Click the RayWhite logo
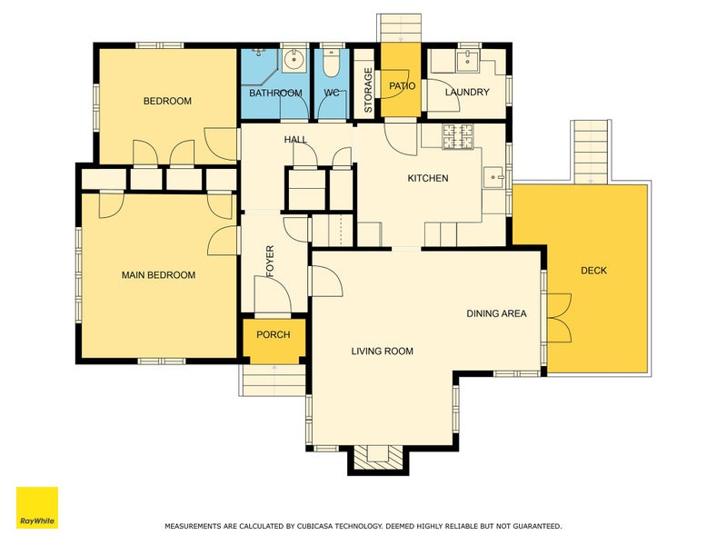tap(37, 508)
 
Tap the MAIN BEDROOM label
tap(158, 275)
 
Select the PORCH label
tap(274, 334)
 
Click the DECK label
tap(593, 270)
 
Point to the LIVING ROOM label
tap(382, 352)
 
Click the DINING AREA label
tap(496, 313)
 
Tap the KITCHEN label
tap(427, 178)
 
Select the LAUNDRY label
tap(467, 93)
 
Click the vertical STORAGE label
tap(368, 90)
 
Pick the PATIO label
tap(402, 85)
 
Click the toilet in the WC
tap(331, 64)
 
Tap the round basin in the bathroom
tap(294, 59)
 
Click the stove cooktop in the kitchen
tap(458, 137)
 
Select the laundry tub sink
tap(467, 61)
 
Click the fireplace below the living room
tap(378, 458)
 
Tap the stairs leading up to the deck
tap(591, 152)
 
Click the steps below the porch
tap(274, 380)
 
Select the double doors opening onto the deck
tap(559, 318)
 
